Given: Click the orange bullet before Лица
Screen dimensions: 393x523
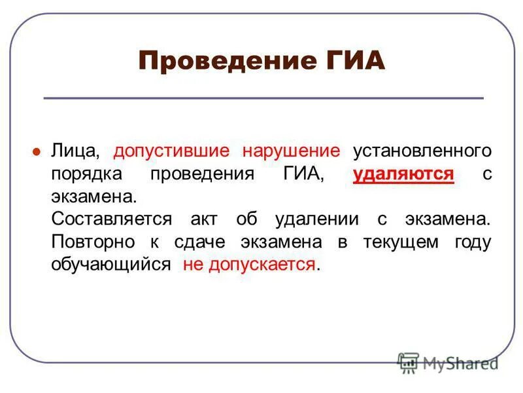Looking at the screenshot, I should [37, 151].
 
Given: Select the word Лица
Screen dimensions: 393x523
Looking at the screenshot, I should [75, 151].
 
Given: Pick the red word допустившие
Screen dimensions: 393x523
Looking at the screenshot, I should [175, 151].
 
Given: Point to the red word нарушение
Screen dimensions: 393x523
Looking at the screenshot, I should [292, 151].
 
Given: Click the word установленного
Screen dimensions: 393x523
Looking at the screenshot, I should [422, 151].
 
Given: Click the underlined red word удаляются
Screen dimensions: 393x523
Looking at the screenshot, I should [403, 174].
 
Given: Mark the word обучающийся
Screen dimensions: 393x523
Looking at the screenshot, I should [111, 265].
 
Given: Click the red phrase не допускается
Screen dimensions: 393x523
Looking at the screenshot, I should [249, 265].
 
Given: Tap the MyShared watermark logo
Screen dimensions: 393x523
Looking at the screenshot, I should [448, 362].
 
